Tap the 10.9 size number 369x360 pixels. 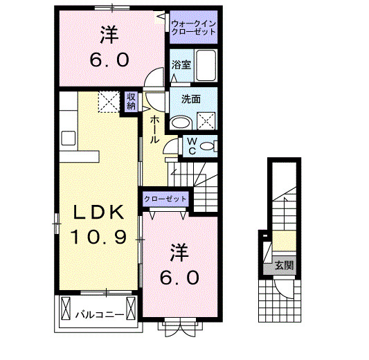pyautogui.click(x=98, y=237)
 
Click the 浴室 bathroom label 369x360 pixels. pyautogui.click(x=181, y=67)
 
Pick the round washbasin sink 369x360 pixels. pyautogui.click(x=181, y=123)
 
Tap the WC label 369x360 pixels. pyautogui.click(x=192, y=146)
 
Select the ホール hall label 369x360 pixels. pyautogui.click(x=154, y=127)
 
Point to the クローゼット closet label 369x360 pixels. pyautogui.click(x=166, y=199)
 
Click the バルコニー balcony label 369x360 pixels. pyautogui.click(x=100, y=315)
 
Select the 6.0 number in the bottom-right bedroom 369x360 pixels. pyautogui.click(x=182, y=277)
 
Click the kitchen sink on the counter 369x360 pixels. pyautogui.click(x=68, y=137)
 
